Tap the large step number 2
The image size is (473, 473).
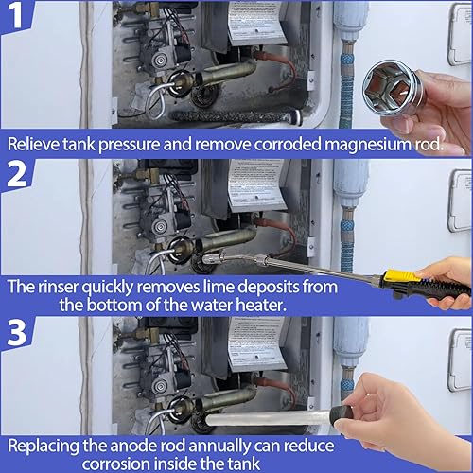coord(17,174)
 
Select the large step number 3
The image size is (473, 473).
coord(17,332)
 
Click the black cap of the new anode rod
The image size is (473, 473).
coord(341,414)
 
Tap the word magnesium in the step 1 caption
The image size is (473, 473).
coord(368,145)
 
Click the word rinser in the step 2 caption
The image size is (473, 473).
coord(58,287)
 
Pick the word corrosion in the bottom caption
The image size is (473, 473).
coord(115,464)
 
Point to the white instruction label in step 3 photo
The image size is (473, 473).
coord(256,342)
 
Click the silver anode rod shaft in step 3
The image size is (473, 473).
coord(268,418)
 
